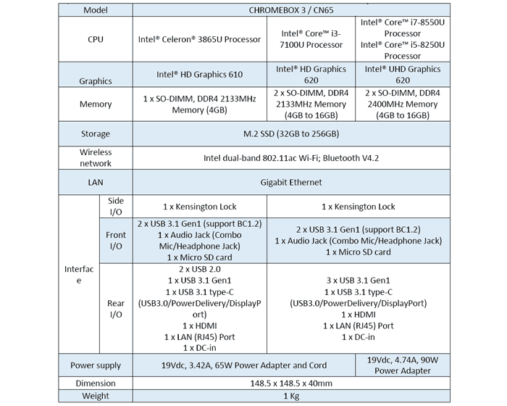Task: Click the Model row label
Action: [96, 10]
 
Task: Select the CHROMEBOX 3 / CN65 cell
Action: [291, 10]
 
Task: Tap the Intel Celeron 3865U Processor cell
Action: [199, 39]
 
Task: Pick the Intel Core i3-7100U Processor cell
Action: [311, 39]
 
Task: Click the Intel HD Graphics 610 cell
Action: [199, 75]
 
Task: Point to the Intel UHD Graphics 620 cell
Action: [403, 75]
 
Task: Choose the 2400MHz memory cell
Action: [403, 104]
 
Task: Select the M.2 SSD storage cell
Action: [291, 133]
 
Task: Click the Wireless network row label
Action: [96, 157]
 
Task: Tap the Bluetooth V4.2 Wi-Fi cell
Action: [291, 158]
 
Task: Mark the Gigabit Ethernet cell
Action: [291, 182]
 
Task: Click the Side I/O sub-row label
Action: [116, 206]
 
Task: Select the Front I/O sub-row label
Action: [116, 241]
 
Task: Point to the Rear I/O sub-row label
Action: [116, 309]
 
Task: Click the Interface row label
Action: [79, 275]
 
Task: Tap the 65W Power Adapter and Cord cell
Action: [244, 365]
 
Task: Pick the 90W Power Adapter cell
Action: [403, 365]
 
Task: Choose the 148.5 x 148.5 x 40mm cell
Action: [291, 384]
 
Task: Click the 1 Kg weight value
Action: [291, 396]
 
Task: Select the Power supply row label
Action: [96, 365]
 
